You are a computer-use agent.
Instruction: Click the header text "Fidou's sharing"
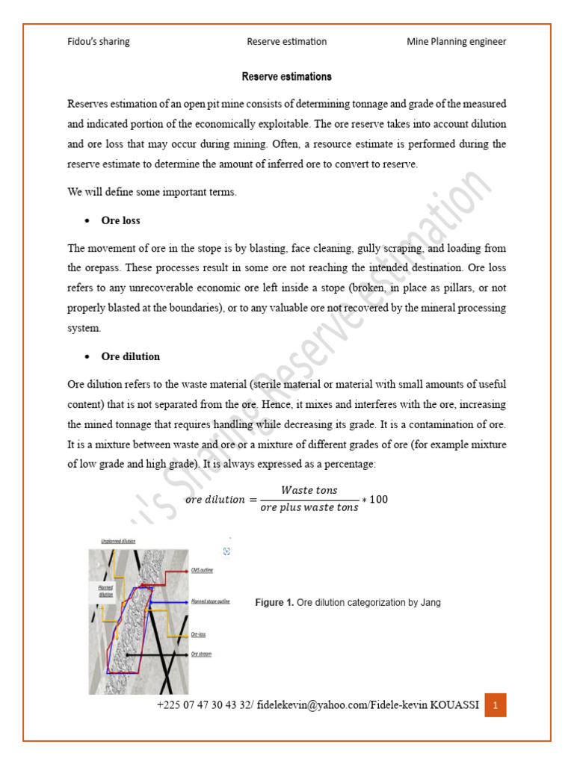(x=99, y=42)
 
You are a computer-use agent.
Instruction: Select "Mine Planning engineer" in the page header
(x=456, y=42)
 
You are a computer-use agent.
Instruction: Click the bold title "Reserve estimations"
(x=287, y=77)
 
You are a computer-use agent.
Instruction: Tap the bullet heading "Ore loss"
(x=120, y=221)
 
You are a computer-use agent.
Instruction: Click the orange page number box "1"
(x=496, y=704)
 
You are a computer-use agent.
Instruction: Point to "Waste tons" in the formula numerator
(x=309, y=489)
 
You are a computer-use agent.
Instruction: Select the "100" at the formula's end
(x=379, y=499)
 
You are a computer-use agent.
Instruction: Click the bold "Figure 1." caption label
(x=274, y=602)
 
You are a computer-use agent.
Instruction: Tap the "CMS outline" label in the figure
(x=203, y=569)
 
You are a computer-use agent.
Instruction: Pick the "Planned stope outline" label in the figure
(x=210, y=601)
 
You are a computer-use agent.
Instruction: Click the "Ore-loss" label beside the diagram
(x=199, y=634)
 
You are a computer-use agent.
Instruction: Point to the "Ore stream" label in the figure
(x=201, y=654)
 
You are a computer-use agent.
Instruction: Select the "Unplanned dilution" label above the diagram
(x=117, y=540)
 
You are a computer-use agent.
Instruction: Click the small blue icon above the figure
(x=226, y=551)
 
